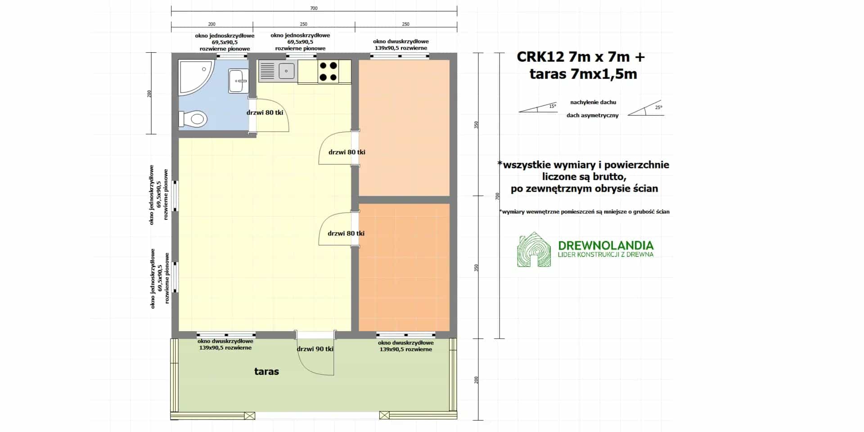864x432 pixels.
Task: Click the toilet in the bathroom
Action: pyautogui.click(x=193, y=119)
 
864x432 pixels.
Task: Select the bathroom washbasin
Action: pyautogui.click(x=238, y=81)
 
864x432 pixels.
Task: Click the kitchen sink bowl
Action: pyautogui.click(x=287, y=71)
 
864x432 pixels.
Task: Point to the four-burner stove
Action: pyautogui.click(x=328, y=72)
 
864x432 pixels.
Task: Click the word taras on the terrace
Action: pyautogui.click(x=266, y=372)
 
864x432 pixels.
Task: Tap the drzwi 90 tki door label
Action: pyautogui.click(x=315, y=349)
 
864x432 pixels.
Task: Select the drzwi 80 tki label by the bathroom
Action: pyautogui.click(x=265, y=112)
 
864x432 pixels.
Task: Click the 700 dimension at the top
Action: pyautogui.click(x=314, y=8)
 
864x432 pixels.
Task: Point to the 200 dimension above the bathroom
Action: pyautogui.click(x=212, y=24)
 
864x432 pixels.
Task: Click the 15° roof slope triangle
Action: pyautogui.click(x=538, y=107)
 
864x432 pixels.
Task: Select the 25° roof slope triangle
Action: pyautogui.click(x=646, y=108)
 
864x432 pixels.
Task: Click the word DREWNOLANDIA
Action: pyautogui.click(x=606, y=245)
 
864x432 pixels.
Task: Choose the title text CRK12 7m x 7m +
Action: pyautogui.click(x=580, y=57)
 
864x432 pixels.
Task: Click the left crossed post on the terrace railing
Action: pyautogui.click(x=249, y=415)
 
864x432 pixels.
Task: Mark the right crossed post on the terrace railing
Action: pyautogui.click(x=384, y=415)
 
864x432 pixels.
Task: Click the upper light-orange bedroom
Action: pyautogui.click(x=404, y=128)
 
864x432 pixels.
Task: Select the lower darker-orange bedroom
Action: pyautogui.click(x=404, y=267)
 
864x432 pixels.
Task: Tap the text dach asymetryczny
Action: pyautogui.click(x=592, y=116)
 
